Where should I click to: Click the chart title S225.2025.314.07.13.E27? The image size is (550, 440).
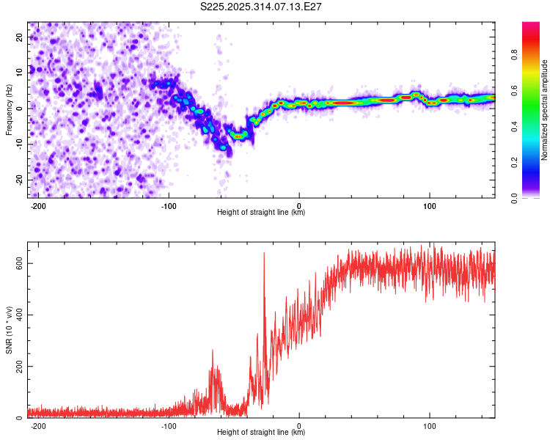coord(262,7)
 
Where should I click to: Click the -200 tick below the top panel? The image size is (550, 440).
coord(39,205)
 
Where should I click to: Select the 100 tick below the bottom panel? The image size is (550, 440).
coord(429,425)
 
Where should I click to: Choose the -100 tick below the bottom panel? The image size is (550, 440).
coord(169,425)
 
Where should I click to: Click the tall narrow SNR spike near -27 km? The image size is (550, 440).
coord(264,254)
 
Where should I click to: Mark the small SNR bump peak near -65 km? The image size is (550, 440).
coord(213,351)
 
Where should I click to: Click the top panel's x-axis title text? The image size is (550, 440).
coord(261,213)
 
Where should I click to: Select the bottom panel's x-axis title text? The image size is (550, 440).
coord(261,433)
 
